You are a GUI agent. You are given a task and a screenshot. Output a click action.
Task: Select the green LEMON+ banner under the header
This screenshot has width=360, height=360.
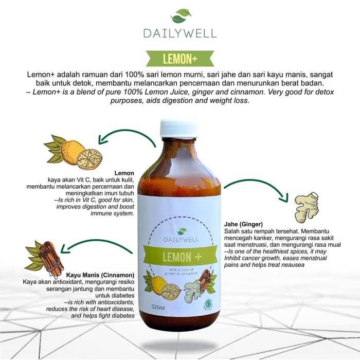179,59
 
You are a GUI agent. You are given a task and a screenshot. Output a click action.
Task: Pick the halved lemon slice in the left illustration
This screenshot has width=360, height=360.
89,159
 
